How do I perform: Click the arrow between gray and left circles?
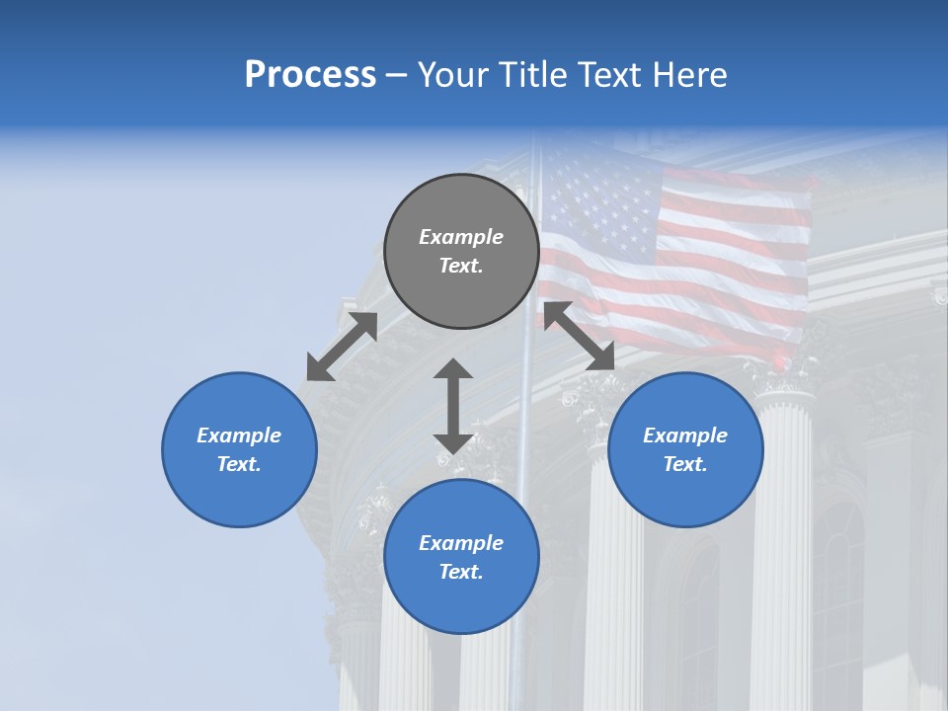tap(342, 347)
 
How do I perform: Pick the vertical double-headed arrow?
tap(453, 406)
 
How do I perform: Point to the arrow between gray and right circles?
tap(579, 337)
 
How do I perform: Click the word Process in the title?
tap(310, 75)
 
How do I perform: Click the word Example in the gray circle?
tap(461, 237)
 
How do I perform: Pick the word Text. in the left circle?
tap(239, 464)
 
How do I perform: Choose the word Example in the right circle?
tap(685, 435)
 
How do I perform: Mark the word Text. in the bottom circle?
tap(461, 572)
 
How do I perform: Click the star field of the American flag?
tap(599, 202)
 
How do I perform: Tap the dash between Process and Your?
tap(397, 75)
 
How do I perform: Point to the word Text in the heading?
tap(610, 75)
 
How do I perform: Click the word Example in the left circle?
tap(239, 435)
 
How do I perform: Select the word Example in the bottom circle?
tap(461, 543)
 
